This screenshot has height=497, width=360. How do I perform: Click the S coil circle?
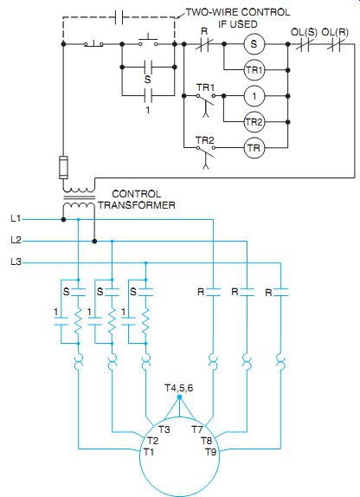(254, 44)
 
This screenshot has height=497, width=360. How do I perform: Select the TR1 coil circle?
(254, 70)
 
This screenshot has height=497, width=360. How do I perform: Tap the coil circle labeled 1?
(254, 96)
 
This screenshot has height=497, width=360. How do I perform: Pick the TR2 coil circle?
(254, 122)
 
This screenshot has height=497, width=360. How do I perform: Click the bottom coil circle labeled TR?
(254, 148)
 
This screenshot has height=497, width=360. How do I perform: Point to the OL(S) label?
(304, 32)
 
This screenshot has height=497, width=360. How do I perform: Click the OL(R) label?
(335, 32)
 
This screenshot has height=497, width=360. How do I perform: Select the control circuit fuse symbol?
(63, 167)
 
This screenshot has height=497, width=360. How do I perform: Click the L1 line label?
(16, 219)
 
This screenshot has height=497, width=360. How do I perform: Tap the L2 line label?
(16, 240)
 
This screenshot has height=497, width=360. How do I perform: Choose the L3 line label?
(16, 261)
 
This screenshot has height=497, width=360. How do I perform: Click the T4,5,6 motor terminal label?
(179, 388)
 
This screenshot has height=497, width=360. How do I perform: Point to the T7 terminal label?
(196, 429)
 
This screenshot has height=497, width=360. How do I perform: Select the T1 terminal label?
(149, 452)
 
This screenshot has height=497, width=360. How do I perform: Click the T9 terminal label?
(211, 452)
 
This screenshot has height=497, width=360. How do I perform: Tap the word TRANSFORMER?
(137, 205)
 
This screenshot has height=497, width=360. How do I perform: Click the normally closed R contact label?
(204, 31)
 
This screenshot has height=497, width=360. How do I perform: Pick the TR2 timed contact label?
(205, 140)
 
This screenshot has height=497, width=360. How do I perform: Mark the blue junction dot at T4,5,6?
(179, 397)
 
